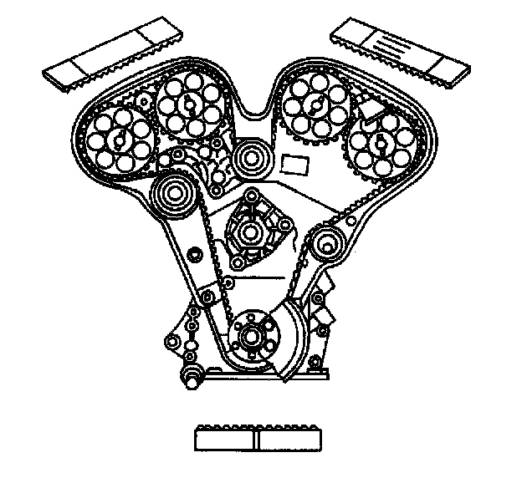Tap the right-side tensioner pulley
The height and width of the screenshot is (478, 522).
328,246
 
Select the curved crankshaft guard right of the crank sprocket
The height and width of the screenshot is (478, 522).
293,343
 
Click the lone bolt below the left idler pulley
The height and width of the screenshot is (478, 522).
195,254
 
